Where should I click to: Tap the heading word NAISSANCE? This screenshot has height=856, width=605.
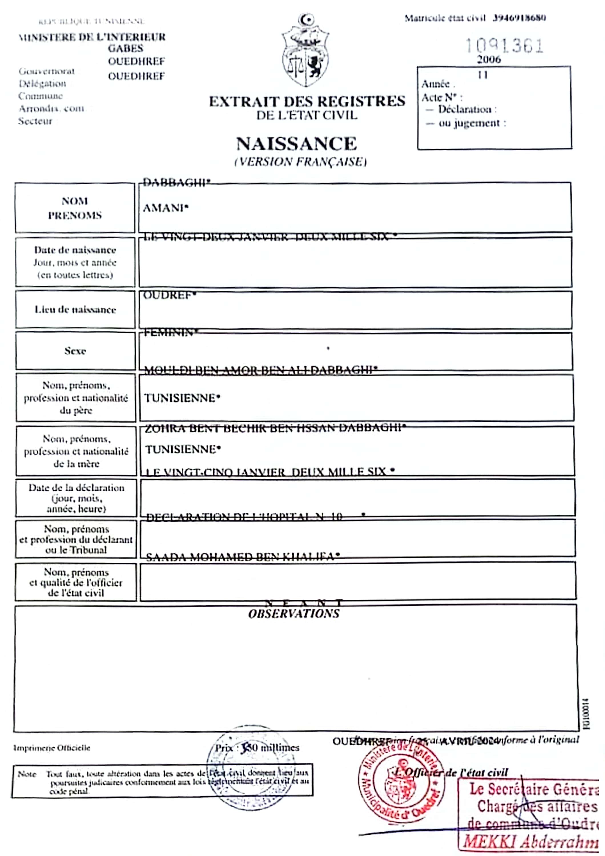coord(297,144)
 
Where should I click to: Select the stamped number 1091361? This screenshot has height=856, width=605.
coord(504,46)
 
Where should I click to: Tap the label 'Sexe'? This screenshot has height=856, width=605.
coord(75,351)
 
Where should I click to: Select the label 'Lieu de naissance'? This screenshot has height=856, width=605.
coord(75,309)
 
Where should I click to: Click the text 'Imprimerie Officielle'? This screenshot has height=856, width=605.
coord(52,748)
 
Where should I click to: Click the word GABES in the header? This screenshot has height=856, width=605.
coord(125,49)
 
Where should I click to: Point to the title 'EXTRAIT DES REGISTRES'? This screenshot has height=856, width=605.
coord(307,101)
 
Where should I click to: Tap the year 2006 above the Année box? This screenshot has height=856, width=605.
coord(489,60)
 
